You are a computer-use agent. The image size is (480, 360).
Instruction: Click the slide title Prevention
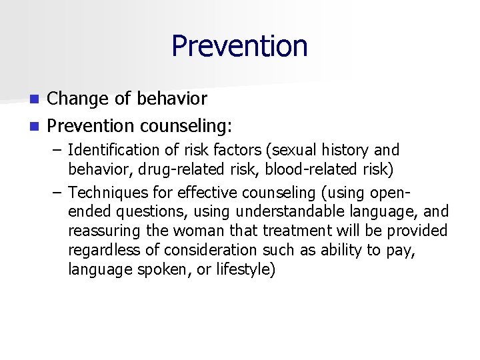click(x=239, y=47)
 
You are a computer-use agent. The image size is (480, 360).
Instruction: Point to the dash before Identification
click(x=57, y=150)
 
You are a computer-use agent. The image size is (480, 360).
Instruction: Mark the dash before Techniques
click(x=57, y=193)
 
